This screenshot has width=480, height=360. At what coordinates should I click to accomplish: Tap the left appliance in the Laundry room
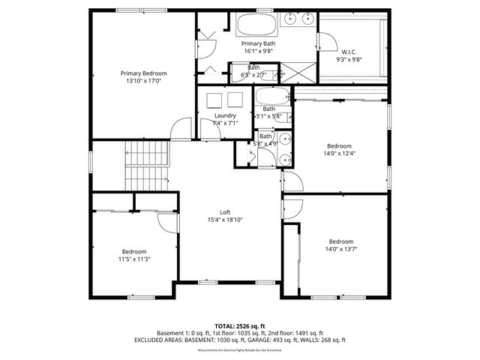pyautogui.click(x=214, y=100)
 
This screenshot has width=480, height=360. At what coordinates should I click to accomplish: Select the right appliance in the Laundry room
pyautogui.click(x=235, y=100)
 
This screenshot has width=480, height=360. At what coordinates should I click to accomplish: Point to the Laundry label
pyautogui.click(x=225, y=115)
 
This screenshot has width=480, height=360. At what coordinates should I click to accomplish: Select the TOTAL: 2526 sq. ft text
pyautogui.click(x=240, y=326)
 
